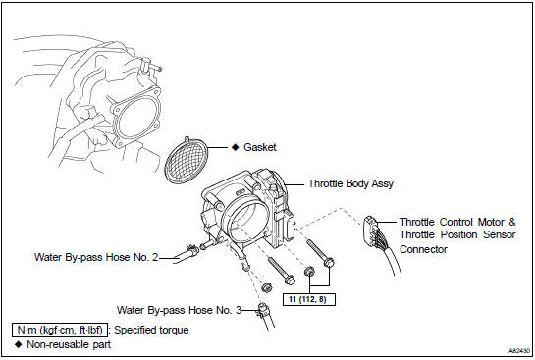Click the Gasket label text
coord(260,147)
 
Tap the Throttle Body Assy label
coord(350,183)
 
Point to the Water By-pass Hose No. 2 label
coord(96,257)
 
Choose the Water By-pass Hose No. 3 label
coord(179,310)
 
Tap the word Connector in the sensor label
coord(423,249)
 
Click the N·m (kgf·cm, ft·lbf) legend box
coord(60,330)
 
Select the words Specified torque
coord(151,330)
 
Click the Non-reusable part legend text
coord(69,344)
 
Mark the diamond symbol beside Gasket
coord(235,147)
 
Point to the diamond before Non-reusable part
coord(19,344)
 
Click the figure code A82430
coord(519,350)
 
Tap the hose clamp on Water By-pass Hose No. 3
coord(263,309)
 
